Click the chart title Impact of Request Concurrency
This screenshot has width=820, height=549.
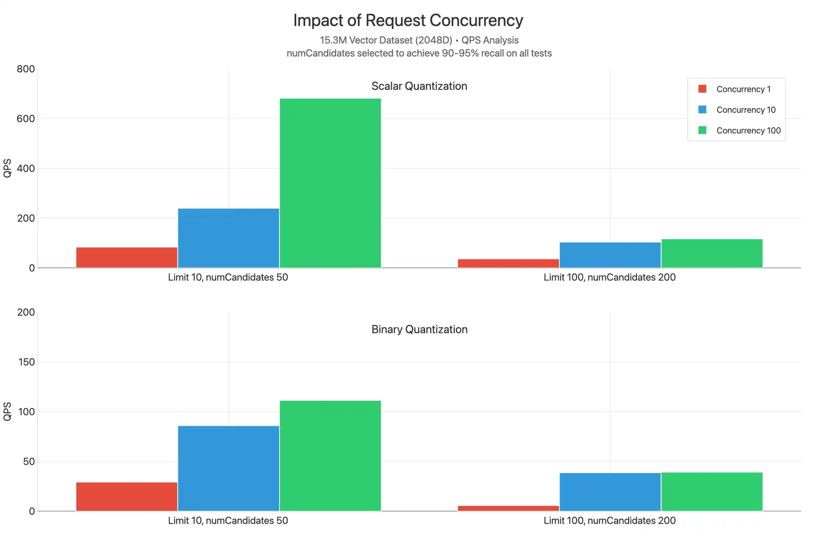coord(408,21)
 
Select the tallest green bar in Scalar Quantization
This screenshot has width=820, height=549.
coord(330,183)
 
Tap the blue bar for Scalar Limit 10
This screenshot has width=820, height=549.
coord(228,238)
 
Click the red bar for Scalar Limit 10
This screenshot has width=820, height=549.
coord(127,257)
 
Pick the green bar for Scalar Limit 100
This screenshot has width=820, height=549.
coord(712,253)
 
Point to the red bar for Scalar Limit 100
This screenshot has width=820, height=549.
coord(508,263)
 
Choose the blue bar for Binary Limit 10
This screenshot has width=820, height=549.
coord(228,468)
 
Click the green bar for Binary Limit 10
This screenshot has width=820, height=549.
coord(330,456)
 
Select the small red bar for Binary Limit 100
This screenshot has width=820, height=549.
coord(508,508)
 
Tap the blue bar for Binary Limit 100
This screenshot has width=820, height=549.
coord(610,492)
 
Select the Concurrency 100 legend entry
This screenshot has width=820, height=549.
coord(748,131)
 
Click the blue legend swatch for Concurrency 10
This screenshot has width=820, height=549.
coord(702,110)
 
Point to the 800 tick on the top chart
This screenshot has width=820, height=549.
coord(26,69)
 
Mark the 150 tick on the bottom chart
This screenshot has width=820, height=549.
coord(26,362)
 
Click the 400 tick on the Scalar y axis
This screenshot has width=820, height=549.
coord(26,168)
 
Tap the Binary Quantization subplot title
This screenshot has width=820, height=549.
coord(419,329)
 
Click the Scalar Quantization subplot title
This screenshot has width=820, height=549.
coord(419,86)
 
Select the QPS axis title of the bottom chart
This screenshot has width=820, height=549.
coord(7,411)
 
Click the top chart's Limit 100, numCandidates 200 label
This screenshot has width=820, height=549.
coord(609,277)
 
